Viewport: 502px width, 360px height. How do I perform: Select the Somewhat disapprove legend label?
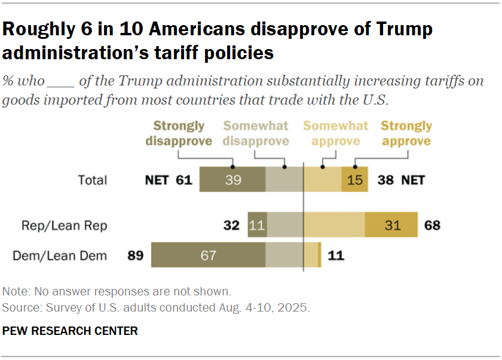click(x=256, y=133)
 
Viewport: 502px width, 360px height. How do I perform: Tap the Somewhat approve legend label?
click(x=335, y=133)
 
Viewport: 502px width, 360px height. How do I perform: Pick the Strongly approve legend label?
click(x=406, y=133)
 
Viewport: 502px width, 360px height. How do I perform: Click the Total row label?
click(x=93, y=180)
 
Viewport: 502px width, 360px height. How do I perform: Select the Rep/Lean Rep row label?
click(x=65, y=225)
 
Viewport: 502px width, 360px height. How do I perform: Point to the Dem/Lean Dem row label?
click(x=60, y=256)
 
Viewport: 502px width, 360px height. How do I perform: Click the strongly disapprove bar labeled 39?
click(x=232, y=180)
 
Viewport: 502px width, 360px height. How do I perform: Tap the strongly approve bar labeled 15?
click(x=355, y=180)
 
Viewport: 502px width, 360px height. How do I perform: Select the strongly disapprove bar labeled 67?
click(x=208, y=255)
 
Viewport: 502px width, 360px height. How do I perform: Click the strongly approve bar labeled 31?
click(x=391, y=225)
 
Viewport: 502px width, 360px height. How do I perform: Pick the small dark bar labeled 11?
click(x=257, y=225)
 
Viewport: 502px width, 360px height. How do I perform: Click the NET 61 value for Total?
click(x=169, y=180)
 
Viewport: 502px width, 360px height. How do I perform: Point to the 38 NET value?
click(x=401, y=180)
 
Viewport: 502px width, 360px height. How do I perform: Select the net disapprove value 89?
click(x=135, y=256)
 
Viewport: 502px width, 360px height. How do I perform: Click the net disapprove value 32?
click(x=231, y=225)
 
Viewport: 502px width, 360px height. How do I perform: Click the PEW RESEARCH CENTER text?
click(x=70, y=331)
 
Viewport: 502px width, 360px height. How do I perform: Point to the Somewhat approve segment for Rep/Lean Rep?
click(x=335, y=225)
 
